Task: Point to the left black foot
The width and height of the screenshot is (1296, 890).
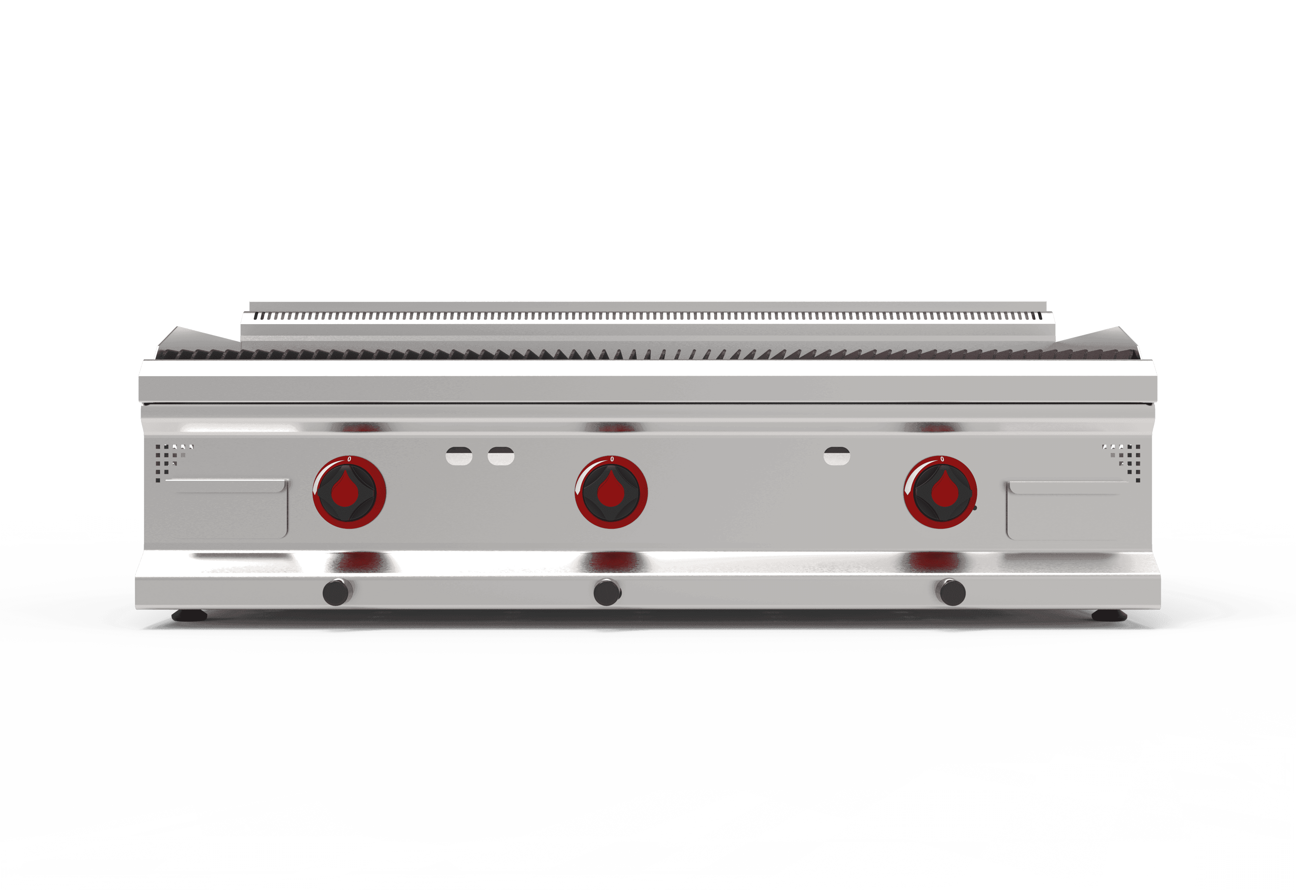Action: click(190, 616)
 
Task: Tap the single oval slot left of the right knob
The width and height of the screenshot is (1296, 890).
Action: click(837, 456)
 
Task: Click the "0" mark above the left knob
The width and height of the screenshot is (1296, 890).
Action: click(349, 459)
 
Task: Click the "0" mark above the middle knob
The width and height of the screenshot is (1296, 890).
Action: click(612, 459)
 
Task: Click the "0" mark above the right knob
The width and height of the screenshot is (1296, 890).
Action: click(942, 459)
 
